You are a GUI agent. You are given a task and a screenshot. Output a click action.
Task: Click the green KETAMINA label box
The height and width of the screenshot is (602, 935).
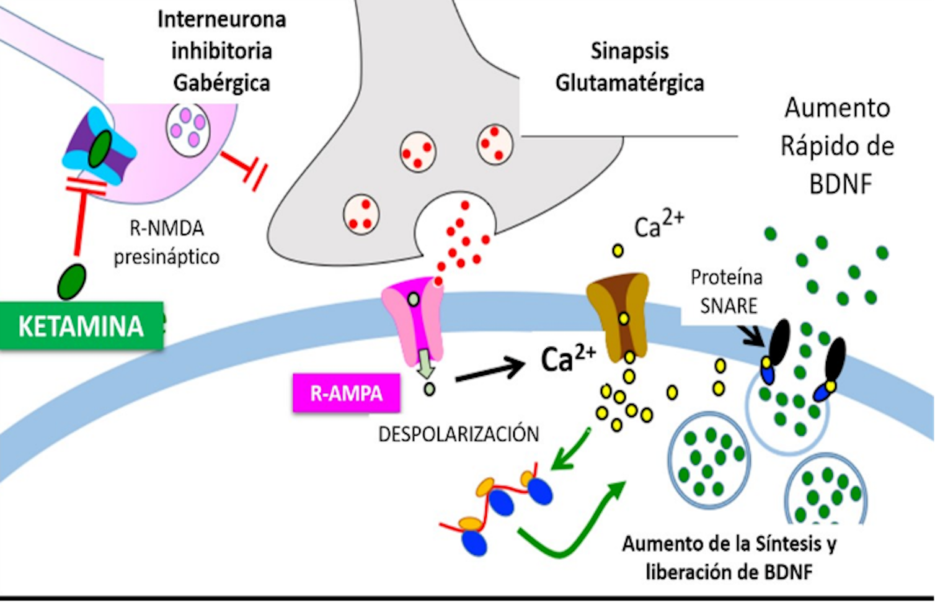[81, 326]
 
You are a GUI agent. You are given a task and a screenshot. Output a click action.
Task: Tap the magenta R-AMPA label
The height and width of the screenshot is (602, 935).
[346, 393]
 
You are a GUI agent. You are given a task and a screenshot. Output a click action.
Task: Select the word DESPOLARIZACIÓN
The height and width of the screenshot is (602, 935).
[458, 434]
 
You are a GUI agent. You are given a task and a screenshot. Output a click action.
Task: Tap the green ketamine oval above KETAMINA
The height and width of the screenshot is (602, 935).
[72, 281]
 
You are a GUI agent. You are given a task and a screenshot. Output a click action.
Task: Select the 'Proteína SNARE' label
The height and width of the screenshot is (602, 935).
[727, 292]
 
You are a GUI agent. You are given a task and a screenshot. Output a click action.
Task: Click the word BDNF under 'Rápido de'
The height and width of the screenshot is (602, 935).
[840, 184]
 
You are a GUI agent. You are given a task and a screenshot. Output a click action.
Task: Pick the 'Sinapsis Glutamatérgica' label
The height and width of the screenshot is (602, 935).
[629, 67]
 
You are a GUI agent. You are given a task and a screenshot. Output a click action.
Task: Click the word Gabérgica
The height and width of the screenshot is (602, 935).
[221, 83]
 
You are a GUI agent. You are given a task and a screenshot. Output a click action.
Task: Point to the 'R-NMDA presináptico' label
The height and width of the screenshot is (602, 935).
[166, 243]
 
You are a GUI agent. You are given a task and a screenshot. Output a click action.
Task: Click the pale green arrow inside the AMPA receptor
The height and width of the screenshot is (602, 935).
[425, 364]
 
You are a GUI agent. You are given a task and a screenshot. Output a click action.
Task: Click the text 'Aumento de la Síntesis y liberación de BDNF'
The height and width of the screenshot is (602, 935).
[729, 557]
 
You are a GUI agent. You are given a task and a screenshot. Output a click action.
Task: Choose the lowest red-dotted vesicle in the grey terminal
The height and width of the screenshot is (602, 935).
[361, 214]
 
